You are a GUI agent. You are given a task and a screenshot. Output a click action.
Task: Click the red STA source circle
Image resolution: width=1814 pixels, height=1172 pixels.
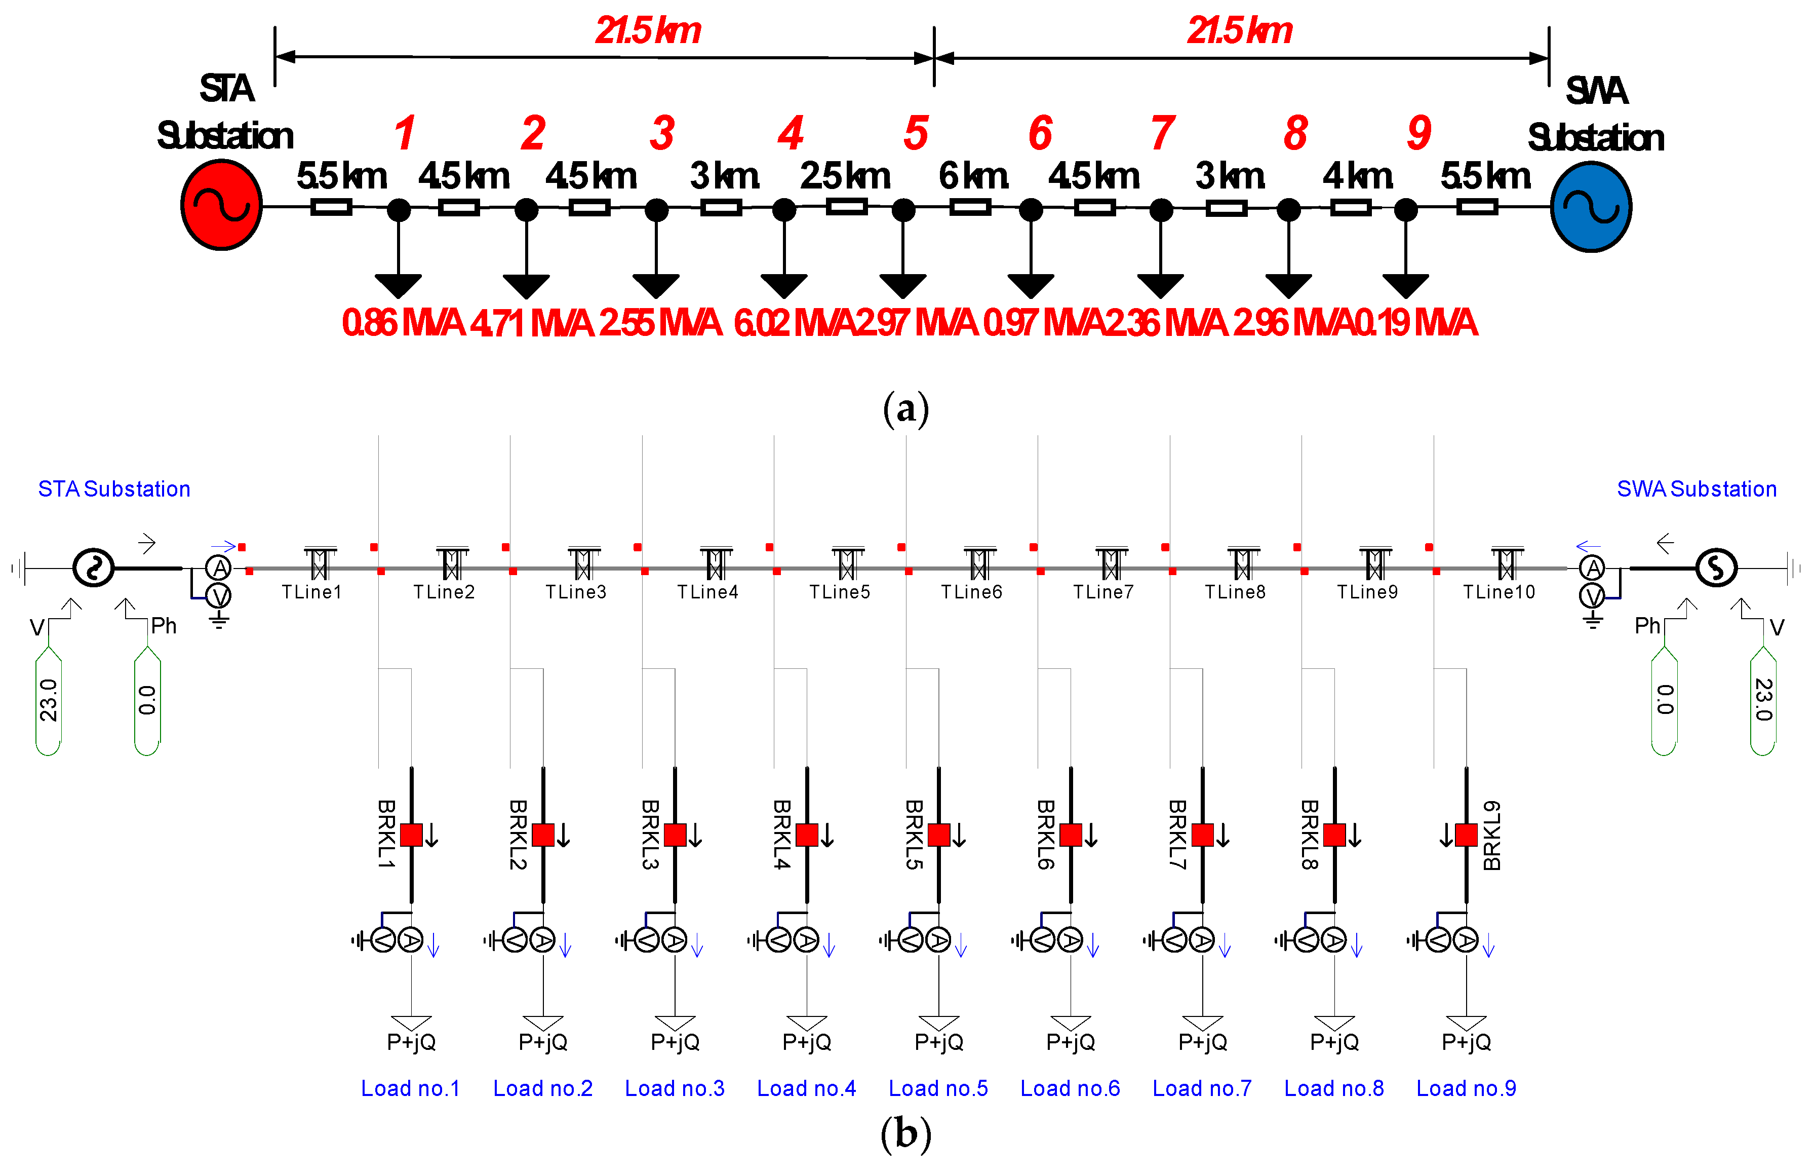(221, 204)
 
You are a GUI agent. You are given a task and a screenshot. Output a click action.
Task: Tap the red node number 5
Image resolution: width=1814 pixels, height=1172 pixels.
(916, 133)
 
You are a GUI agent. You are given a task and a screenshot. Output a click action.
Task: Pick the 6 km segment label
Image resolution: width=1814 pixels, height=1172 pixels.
(973, 176)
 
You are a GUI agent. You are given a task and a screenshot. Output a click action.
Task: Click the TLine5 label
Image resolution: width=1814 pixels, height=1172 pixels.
(840, 592)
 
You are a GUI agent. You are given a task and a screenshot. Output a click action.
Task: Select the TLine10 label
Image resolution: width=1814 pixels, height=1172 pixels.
(1499, 592)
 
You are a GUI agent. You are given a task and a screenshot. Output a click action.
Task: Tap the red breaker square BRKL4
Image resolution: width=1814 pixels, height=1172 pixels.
(807, 835)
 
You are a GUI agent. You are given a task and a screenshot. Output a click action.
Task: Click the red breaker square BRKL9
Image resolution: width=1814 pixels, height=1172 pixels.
(1467, 835)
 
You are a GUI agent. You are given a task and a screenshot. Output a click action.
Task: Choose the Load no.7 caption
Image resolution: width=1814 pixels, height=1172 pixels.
(1202, 1088)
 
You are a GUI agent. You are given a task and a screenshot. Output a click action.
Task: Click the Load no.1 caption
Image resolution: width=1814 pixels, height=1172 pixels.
(411, 1088)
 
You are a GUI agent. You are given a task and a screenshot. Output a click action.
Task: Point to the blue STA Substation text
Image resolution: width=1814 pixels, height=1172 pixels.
(114, 488)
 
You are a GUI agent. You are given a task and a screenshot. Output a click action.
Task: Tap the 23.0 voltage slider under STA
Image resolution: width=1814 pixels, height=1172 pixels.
(49, 700)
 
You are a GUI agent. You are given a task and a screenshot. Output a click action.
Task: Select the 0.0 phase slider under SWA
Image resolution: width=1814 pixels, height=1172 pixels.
(1664, 700)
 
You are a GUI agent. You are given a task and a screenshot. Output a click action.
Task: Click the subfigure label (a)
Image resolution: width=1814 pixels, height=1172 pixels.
(906, 409)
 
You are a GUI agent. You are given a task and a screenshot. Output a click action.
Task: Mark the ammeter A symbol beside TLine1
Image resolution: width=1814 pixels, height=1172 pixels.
(219, 568)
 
